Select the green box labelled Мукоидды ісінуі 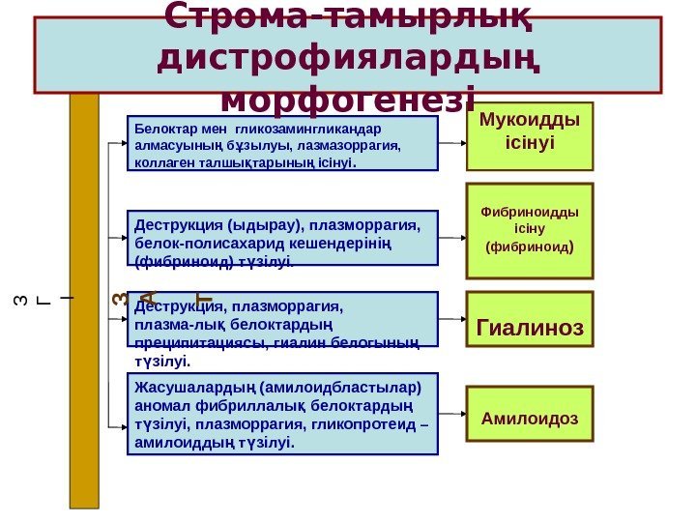coord(530,135)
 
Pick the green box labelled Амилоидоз coord(530,414)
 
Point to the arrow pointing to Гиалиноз coord(451,319)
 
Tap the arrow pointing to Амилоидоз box coord(451,413)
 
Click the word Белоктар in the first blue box coord(164,127)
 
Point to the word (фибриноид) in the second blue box coord(175,259)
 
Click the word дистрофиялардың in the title coord(347,58)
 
